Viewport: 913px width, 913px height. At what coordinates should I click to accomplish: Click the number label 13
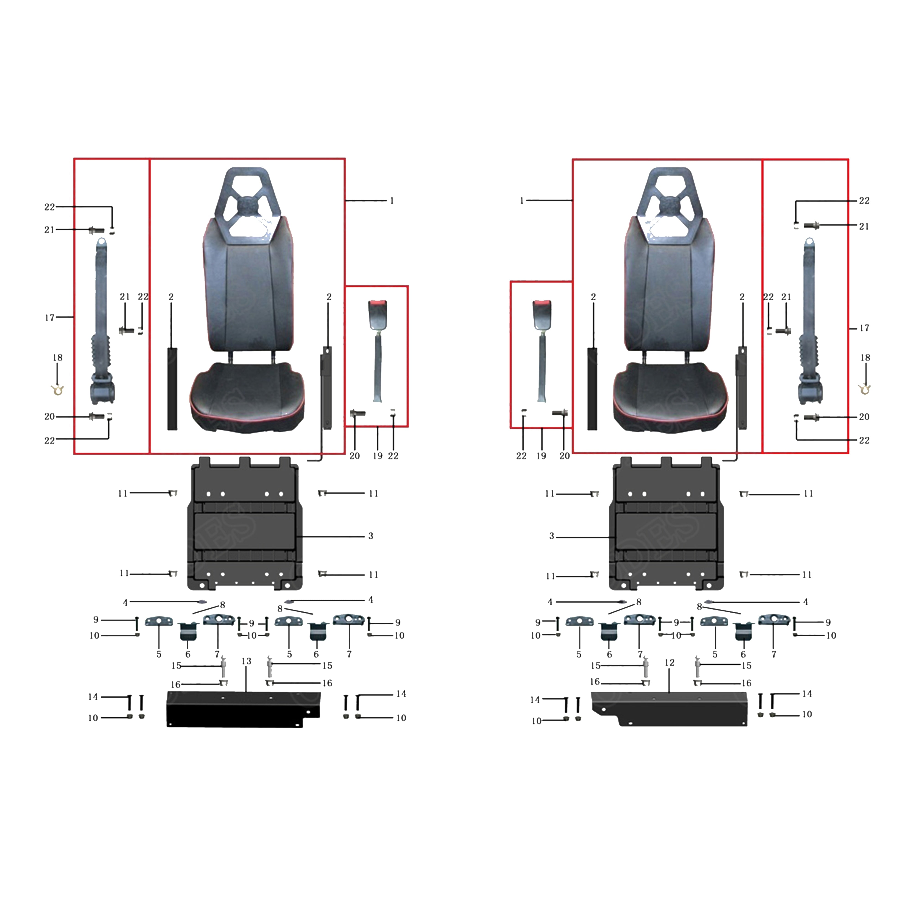246,661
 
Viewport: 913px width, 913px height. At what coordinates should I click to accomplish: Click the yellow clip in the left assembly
57,390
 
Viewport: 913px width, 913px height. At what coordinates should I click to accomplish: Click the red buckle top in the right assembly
542,302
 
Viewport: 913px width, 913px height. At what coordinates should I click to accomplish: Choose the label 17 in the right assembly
864,328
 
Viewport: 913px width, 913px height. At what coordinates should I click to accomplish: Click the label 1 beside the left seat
392,201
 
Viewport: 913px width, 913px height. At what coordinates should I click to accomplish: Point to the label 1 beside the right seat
522,201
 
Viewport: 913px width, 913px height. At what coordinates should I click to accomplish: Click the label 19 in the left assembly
378,456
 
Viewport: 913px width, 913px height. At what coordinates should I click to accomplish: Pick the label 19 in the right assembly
542,456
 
